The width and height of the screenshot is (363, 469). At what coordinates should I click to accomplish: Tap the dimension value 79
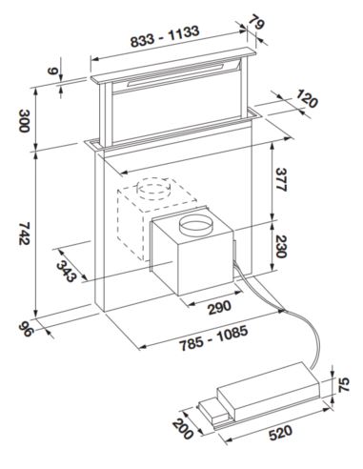(256, 21)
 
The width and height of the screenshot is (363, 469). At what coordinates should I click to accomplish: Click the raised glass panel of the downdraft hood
(171, 110)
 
